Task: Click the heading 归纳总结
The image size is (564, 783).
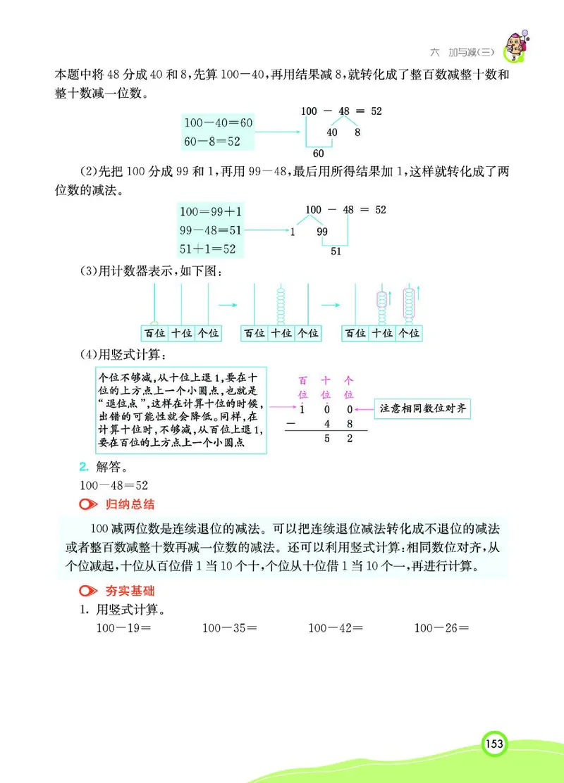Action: click(130, 504)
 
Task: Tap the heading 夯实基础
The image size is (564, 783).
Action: click(130, 591)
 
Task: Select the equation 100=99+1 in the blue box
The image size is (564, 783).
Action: click(211, 211)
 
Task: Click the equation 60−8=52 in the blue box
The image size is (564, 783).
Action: click(212, 141)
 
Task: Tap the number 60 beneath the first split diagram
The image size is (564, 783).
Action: click(318, 153)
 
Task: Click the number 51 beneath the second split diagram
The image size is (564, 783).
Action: click(336, 251)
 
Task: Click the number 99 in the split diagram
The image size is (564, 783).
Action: click(322, 231)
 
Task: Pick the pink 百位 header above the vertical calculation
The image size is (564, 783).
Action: click(303, 387)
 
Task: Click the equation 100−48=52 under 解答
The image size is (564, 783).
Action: click(114, 485)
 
